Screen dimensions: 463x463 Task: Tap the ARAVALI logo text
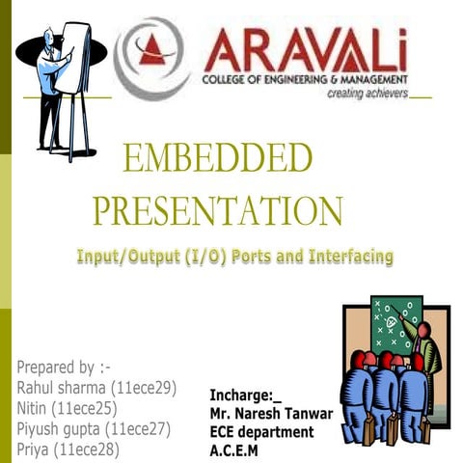point(305,48)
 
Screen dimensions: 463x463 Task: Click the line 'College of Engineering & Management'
point(305,79)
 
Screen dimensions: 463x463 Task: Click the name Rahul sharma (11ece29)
point(96,388)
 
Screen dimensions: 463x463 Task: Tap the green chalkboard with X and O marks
point(395,328)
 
